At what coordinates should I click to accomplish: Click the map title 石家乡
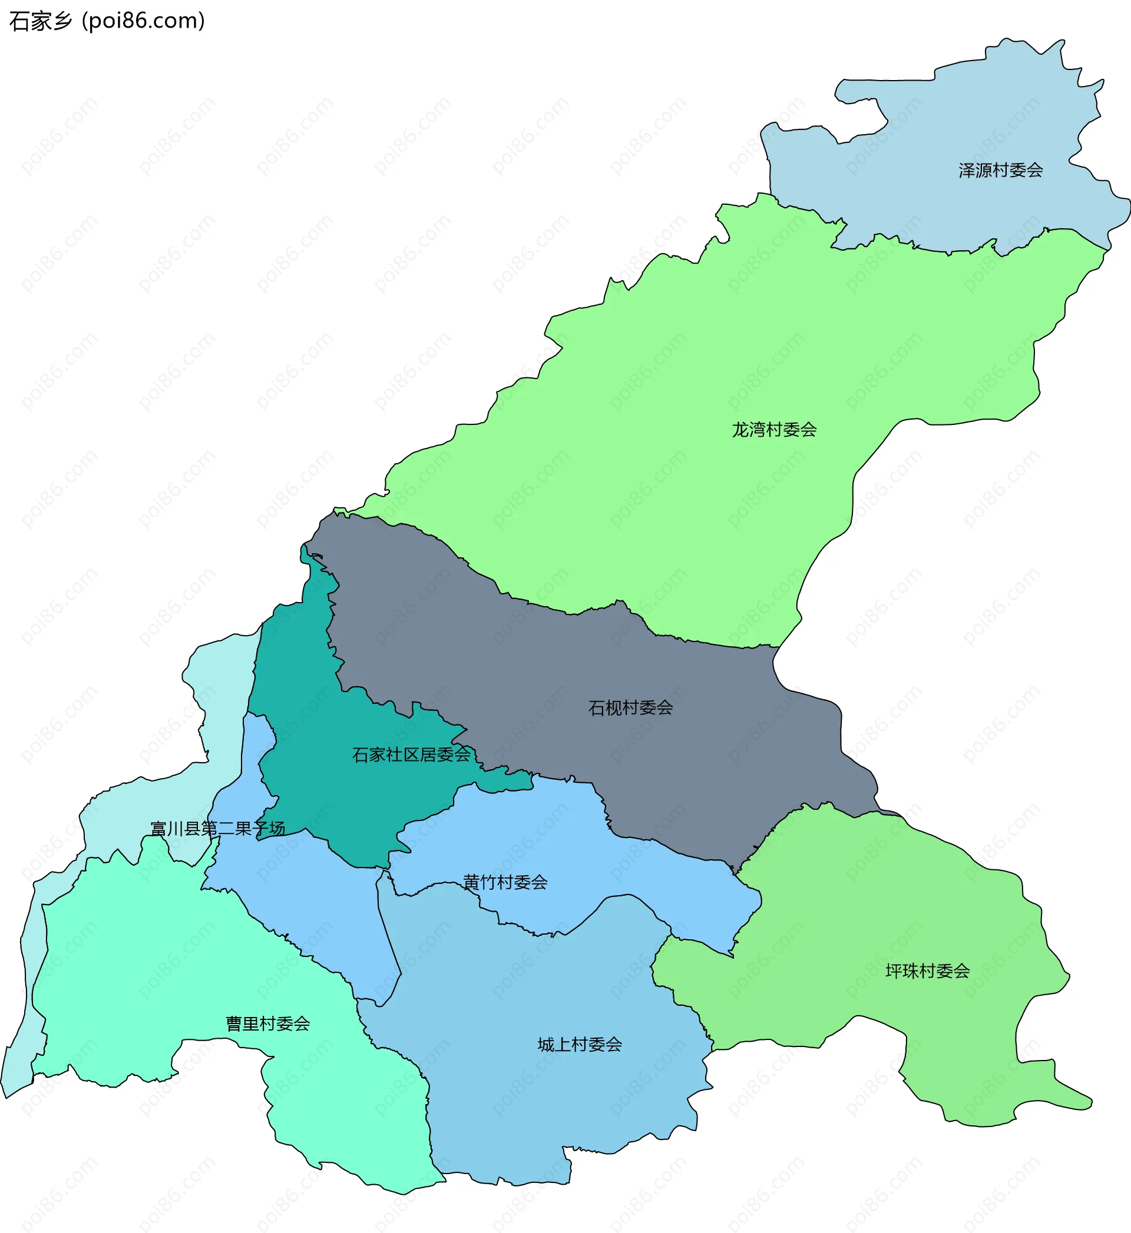coord(41,21)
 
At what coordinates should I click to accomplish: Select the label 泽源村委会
coord(1001,171)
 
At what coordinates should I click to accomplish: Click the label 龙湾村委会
coord(774,430)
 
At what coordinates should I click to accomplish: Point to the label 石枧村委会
coord(630,708)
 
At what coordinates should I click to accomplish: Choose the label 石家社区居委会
coord(411,755)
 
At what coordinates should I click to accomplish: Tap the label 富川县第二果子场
coord(218,829)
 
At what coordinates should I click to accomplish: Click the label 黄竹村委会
coord(505,883)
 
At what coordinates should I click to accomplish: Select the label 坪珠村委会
coord(927,971)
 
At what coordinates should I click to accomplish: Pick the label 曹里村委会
coord(268,1024)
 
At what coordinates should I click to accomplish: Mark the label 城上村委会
coord(580,1045)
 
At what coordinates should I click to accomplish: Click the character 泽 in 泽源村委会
coord(967,171)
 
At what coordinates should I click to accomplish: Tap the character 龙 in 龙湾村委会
coord(740,430)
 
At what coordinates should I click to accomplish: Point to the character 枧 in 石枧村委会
coord(614,708)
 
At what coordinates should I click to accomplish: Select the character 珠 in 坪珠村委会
coord(911,971)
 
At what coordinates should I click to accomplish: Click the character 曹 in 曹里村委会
coord(234,1024)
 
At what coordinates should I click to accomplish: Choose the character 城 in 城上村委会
coord(546,1045)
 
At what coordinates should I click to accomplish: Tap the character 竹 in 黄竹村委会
coord(488,883)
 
